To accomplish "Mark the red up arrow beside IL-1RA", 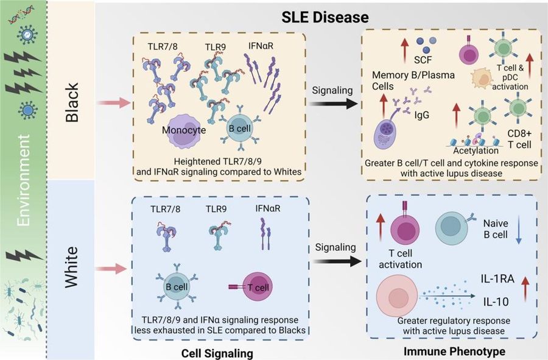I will click(x=523, y=285).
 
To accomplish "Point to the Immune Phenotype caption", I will click(x=448, y=352).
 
